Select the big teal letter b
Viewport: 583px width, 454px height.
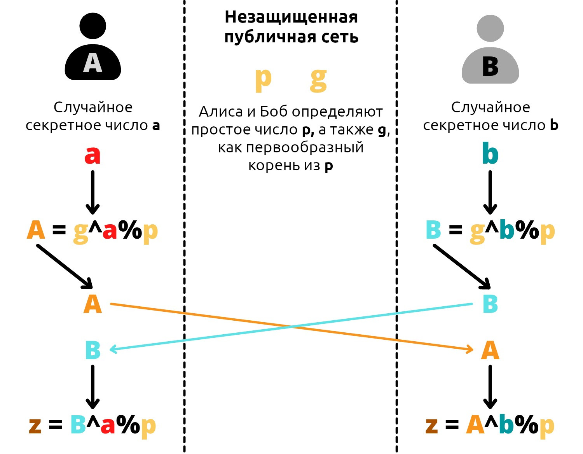pos(490,154)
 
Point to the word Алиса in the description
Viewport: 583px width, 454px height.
pos(220,112)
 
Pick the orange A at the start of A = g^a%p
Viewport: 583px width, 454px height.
pos(36,230)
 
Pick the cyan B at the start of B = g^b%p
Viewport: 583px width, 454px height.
pos(434,230)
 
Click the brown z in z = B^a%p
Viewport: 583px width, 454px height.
pos(35,425)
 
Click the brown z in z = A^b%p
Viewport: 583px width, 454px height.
pos(432,425)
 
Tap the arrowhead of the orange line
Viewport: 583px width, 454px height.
pos(470,349)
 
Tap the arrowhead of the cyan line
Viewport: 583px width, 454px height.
pos(113,349)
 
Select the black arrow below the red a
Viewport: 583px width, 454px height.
pos(93,192)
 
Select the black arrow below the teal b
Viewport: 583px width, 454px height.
pos(490,192)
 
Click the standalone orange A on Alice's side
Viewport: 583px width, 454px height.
pos(93,304)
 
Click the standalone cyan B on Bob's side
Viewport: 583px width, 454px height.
pos(490,304)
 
